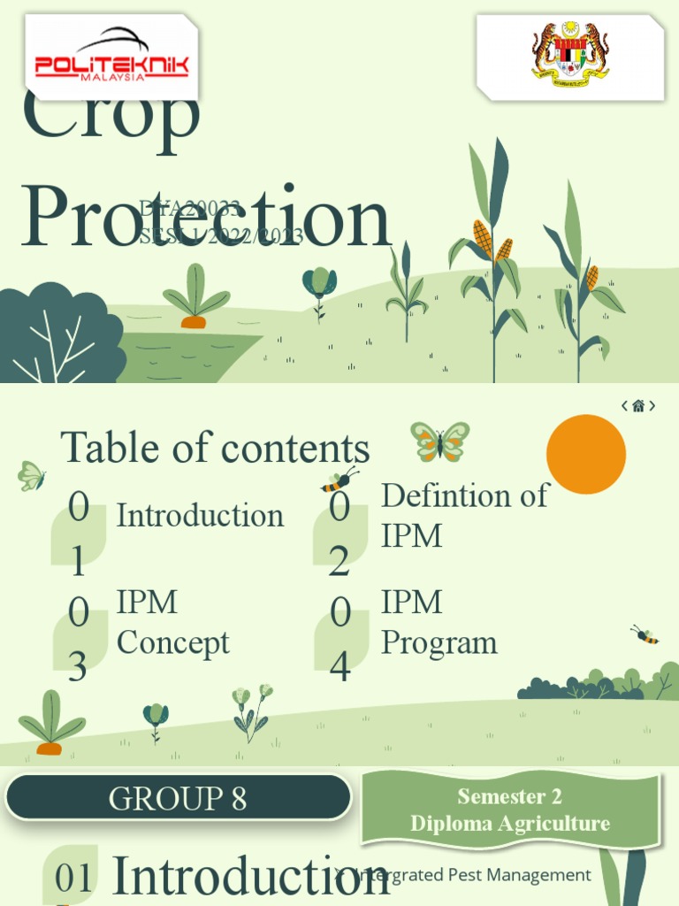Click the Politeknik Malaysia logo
tap(111, 58)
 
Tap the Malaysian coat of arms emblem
tap(570, 55)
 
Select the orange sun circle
tap(585, 454)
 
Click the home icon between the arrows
tap(638, 406)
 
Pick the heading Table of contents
tap(215, 448)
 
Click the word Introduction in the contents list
tap(200, 515)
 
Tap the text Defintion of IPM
tap(464, 515)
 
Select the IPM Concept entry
tap(172, 622)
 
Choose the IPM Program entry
tap(439, 622)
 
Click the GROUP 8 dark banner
tap(178, 798)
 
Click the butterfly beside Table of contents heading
tap(439, 441)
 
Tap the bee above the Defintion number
tap(339, 480)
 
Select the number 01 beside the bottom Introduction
tap(74, 879)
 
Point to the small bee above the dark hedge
tap(645, 634)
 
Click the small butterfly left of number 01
tap(31, 476)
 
